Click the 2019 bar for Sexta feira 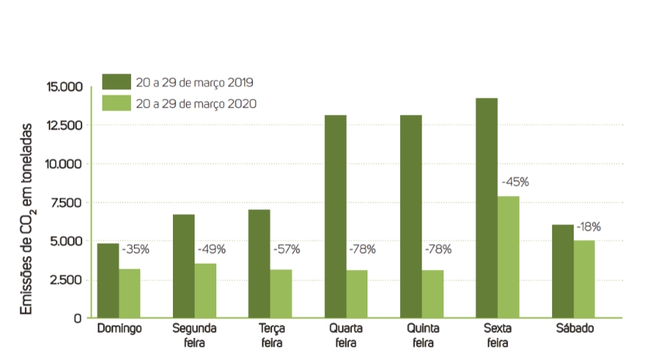(x=486, y=208)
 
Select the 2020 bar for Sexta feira (x=508, y=257)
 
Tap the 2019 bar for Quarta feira (x=334, y=216)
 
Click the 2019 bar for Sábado (x=562, y=271)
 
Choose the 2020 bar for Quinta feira (x=433, y=294)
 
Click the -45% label (x=516, y=182)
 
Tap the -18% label (x=588, y=227)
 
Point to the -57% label (x=287, y=250)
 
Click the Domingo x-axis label (x=119, y=328)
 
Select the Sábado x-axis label (x=574, y=328)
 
